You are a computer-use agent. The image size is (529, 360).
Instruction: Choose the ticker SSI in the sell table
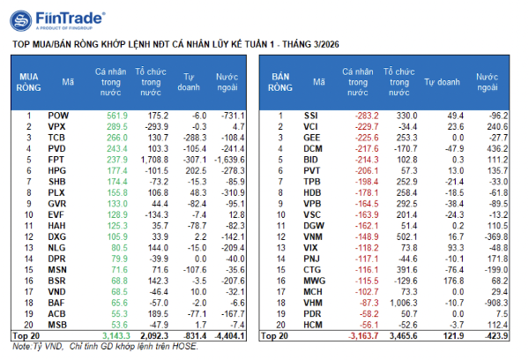[x=310, y=116]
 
